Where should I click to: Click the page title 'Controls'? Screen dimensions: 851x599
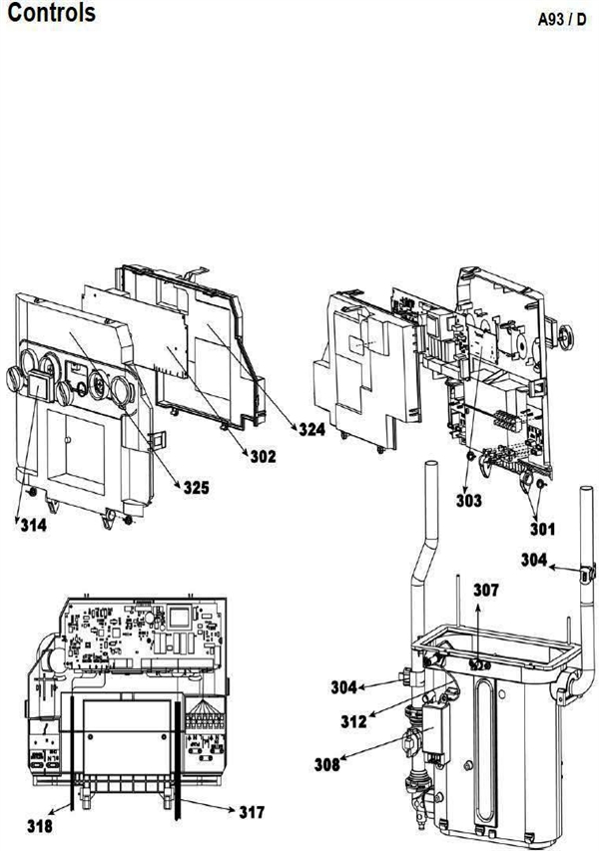(52, 14)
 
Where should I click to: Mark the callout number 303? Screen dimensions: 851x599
(468, 498)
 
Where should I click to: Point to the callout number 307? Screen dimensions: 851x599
(487, 590)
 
